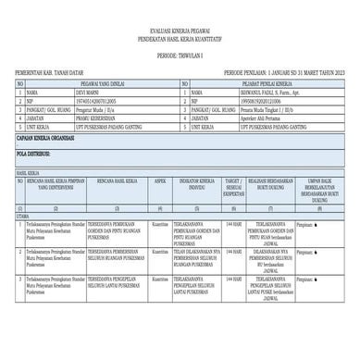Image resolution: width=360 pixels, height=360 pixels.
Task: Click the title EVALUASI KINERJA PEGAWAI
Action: [x=180, y=31]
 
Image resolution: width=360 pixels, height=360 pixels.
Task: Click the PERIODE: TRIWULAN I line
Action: [x=180, y=54]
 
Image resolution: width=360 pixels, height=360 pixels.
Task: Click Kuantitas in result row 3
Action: [x=159, y=277]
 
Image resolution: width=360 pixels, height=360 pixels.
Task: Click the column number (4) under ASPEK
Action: [x=159, y=207]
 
